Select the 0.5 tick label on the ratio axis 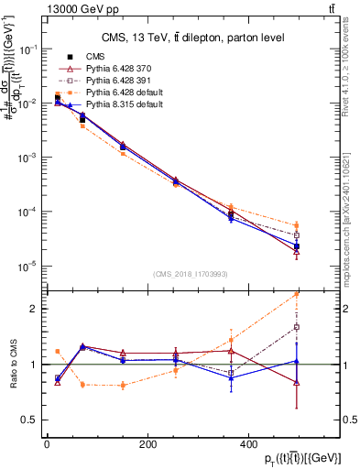click(29, 420)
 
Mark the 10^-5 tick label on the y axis click(27, 267)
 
